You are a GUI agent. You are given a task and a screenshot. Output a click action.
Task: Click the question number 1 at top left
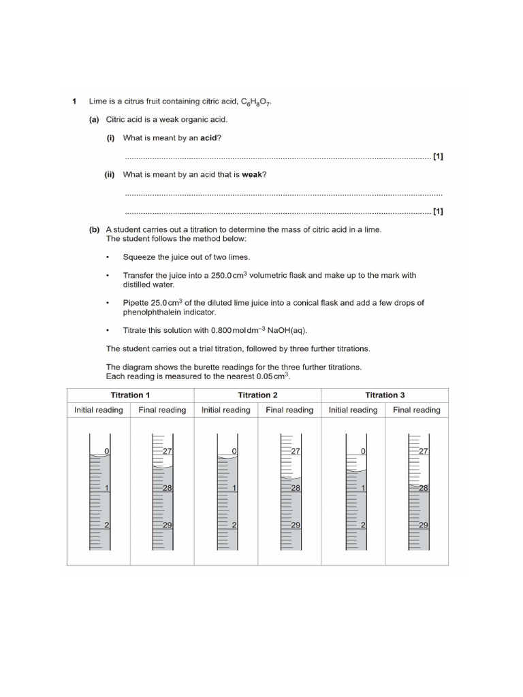pos(74,101)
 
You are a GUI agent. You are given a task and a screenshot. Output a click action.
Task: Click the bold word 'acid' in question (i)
pos(209,138)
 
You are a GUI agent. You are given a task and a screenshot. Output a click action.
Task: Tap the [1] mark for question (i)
pos(438,157)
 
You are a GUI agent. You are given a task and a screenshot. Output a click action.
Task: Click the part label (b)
pos(94,230)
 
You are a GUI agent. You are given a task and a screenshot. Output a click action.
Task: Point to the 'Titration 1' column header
pos(130,395)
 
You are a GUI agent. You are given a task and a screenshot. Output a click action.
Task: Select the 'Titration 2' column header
pos(257,395)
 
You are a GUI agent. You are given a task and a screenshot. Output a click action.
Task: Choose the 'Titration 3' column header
pos(385,395)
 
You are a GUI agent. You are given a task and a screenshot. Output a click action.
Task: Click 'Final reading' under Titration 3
pos(416,410)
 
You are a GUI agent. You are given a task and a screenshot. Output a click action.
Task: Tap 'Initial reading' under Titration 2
pos(225,410)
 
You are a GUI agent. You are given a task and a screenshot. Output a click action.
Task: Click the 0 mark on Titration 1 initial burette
pos(106,452)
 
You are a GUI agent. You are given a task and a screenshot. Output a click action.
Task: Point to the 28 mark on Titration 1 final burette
pos(167,489)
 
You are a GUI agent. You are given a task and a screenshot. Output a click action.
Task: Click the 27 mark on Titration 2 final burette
pos(296,452)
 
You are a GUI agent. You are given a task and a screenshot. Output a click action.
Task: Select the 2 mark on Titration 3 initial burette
pos(362,525)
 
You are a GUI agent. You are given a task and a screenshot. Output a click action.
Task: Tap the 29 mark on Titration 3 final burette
pos(423,525)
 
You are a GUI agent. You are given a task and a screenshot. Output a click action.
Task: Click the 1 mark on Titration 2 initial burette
pos(234,489)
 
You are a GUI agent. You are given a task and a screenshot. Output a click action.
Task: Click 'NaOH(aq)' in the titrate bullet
pos(289,331)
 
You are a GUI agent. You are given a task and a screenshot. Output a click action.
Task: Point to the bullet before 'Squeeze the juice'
pos(108,258)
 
